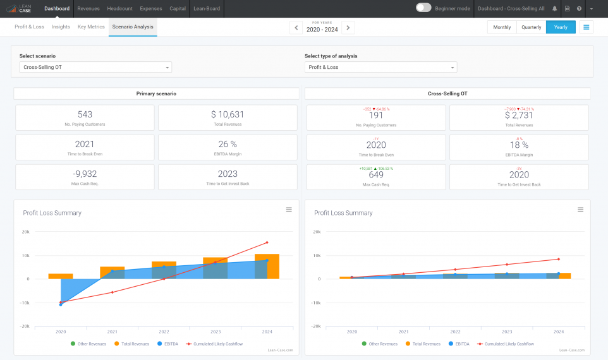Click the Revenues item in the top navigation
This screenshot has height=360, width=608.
(88, 9)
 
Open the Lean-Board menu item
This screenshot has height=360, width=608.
(207, 9)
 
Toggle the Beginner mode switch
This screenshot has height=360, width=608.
(423, 8)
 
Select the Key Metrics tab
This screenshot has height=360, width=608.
(91, 27)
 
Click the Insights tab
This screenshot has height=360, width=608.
(61, 27)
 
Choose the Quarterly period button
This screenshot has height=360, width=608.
(531, 27)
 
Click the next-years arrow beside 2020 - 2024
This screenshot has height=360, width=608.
(348, 28)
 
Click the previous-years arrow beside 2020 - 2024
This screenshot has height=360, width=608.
(296, 28)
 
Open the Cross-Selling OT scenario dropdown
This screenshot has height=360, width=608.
(95, 67)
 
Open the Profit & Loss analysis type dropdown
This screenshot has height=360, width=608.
(380, 67)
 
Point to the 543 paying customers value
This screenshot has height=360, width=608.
(85, 114)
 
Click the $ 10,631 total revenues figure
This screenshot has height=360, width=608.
(228, 114)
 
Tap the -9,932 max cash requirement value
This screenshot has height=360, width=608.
(85, 174)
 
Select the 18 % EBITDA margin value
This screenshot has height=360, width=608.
(519, 145)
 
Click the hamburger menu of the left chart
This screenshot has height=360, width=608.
(289, 210)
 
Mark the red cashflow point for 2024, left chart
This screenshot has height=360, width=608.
(267, 243)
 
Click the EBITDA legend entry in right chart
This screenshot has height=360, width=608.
(461, 344)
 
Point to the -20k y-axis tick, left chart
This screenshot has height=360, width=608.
(26, 326)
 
